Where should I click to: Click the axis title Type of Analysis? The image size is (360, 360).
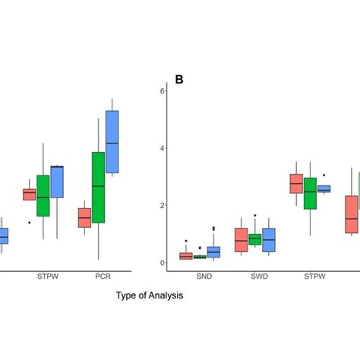point(150,295)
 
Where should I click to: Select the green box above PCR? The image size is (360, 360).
point(98,187)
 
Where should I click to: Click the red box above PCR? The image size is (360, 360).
point(84,218)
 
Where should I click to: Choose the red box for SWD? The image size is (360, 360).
point(241,239)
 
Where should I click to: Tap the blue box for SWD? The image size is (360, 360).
point(268,239)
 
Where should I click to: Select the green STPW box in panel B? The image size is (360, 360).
point(310,193)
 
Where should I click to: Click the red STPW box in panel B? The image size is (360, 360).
point(296,184)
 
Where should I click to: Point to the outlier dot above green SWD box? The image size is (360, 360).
point(255,216)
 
